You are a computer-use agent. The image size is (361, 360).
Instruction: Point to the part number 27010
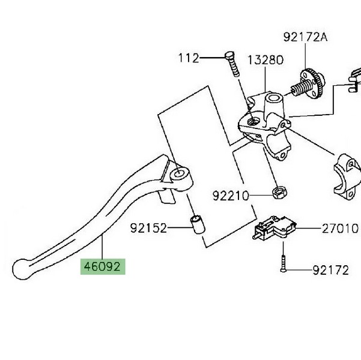(339, 228)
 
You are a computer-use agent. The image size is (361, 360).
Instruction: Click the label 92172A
(306, 37)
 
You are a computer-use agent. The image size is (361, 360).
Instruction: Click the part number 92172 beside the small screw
(330, 271)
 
